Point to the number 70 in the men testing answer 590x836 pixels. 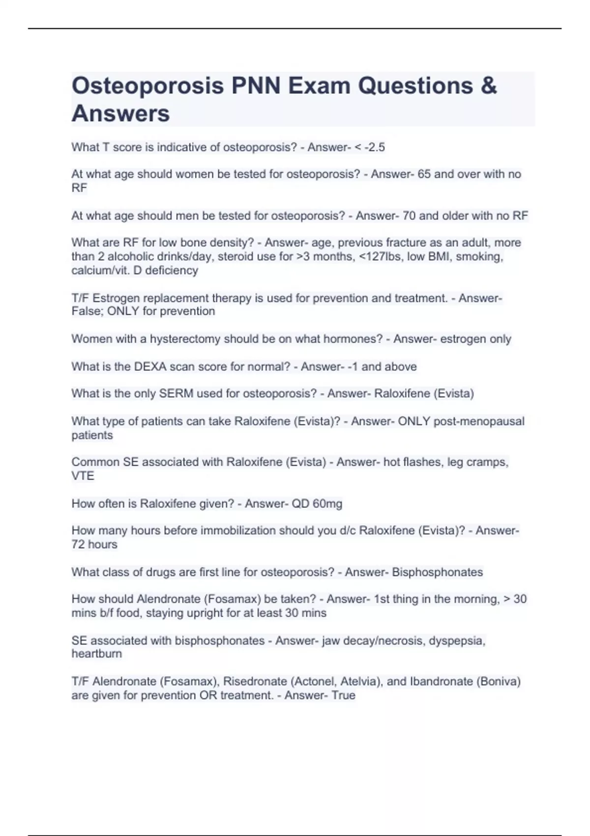(x=409, y=215)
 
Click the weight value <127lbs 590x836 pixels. (x=381, y=256)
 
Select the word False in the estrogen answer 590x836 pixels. (x=87, y=311)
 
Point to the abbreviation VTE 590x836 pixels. (x=83, y=476)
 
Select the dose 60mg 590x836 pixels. (x=327, y=504)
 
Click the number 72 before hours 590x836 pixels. (x=78, y=544)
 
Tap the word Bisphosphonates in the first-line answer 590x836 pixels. (x=437, y=572)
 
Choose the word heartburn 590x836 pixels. (x=96, y=654)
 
